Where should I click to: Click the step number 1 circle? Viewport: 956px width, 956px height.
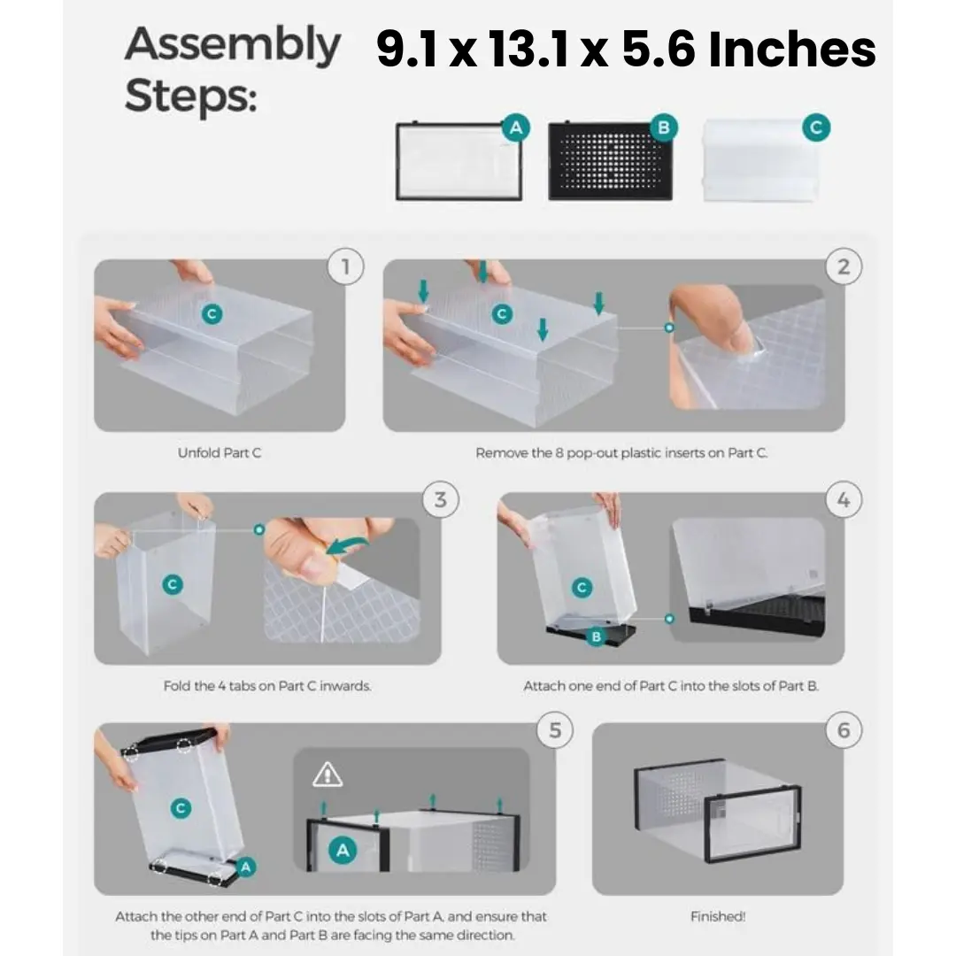point(346,266)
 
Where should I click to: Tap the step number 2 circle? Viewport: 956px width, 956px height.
point(844,266)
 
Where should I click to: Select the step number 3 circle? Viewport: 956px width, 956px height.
point(440,500)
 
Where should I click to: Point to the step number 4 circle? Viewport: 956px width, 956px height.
point(844,500)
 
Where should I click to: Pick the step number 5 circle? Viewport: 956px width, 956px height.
point(555,729)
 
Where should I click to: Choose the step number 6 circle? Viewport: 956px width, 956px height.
point(844,729)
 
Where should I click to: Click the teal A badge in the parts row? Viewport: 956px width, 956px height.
point(516,127)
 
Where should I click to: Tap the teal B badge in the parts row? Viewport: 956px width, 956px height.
point(663,127)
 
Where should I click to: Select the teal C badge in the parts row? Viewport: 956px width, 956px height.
point(816,127)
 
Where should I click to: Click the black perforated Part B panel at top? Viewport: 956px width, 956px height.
point(610,161)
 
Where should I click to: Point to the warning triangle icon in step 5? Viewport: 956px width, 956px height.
point(328,775)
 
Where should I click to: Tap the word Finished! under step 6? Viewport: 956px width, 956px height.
point(718,916)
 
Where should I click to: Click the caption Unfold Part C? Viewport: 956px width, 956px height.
point(220,453)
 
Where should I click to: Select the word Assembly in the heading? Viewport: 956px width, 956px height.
point(232,45)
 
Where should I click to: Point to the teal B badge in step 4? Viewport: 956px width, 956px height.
point(597,636)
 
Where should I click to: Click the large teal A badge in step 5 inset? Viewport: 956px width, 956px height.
point(343,850)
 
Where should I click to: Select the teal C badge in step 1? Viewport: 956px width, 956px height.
point(212,314)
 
